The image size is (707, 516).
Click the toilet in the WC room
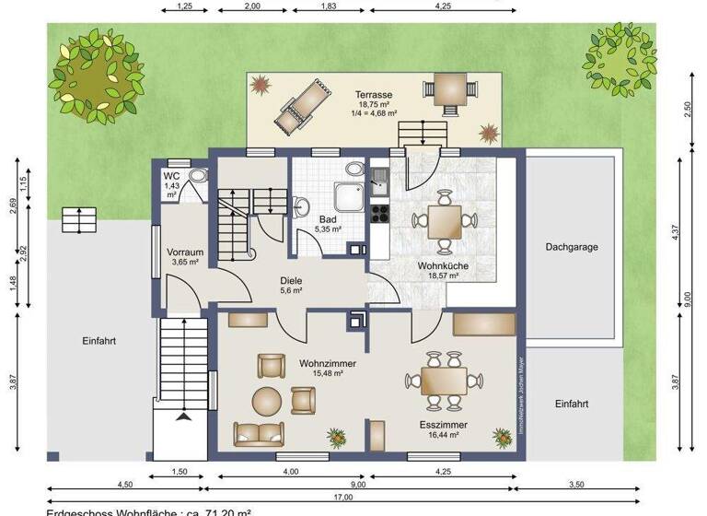point(197,177)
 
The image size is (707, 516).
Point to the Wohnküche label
point(444,265)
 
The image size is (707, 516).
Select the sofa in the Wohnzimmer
point(261,432)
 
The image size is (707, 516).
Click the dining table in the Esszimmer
point(444,380)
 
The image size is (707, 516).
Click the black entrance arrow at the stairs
point(185,417)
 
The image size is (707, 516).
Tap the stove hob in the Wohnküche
point(379,215)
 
